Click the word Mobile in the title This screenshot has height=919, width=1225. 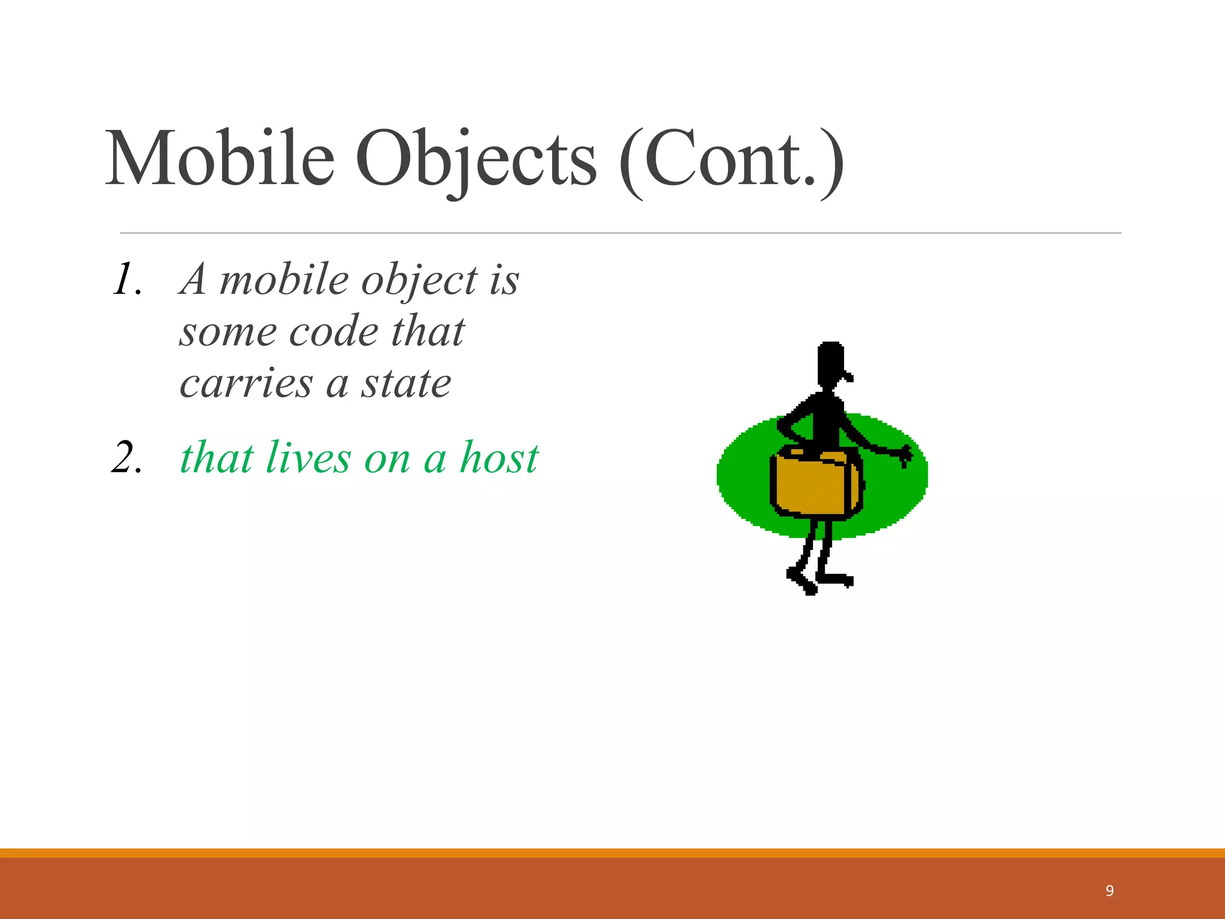pos(220,159)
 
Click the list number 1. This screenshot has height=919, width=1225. pos(126,280)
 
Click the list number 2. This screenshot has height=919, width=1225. pos(126,458)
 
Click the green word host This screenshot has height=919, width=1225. pos(499,458)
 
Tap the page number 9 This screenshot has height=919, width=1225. pos(1110,891)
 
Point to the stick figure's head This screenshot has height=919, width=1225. pos(831,361)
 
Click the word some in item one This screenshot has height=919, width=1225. pos(228,333)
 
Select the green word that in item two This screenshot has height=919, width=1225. pos(217,458)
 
